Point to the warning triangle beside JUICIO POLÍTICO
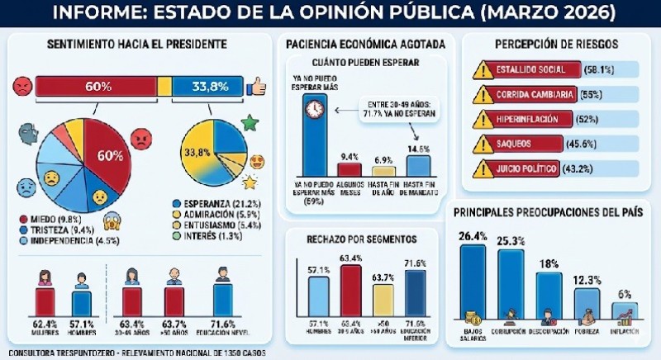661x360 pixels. pyautogui.click(x=483, y=172)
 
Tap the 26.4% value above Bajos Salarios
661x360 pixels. pyautogui.click(x=473, y=237)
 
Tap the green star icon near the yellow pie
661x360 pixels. pyautogui.click(x=247, y=125)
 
